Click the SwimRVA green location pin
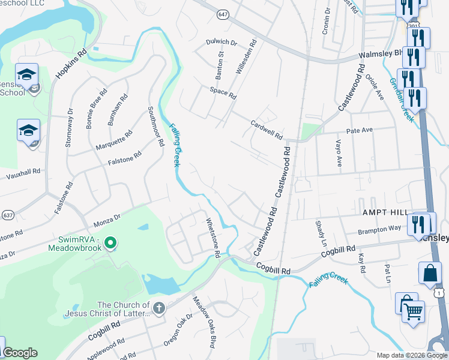tap(110, 242)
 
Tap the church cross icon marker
tap(158, 308)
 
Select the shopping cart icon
tap(413, 312)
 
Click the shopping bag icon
tap(430, 273)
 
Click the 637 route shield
tap(8, 214)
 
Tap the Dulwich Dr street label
tap(222, 43)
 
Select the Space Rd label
tap(223, 93)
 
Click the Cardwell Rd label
tap(267, 128)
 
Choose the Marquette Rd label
tap(114, 142)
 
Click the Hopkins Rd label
tap(71, 65)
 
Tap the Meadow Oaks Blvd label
tap(204, 322)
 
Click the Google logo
tap(19, 353)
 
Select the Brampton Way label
tap(379, 229)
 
